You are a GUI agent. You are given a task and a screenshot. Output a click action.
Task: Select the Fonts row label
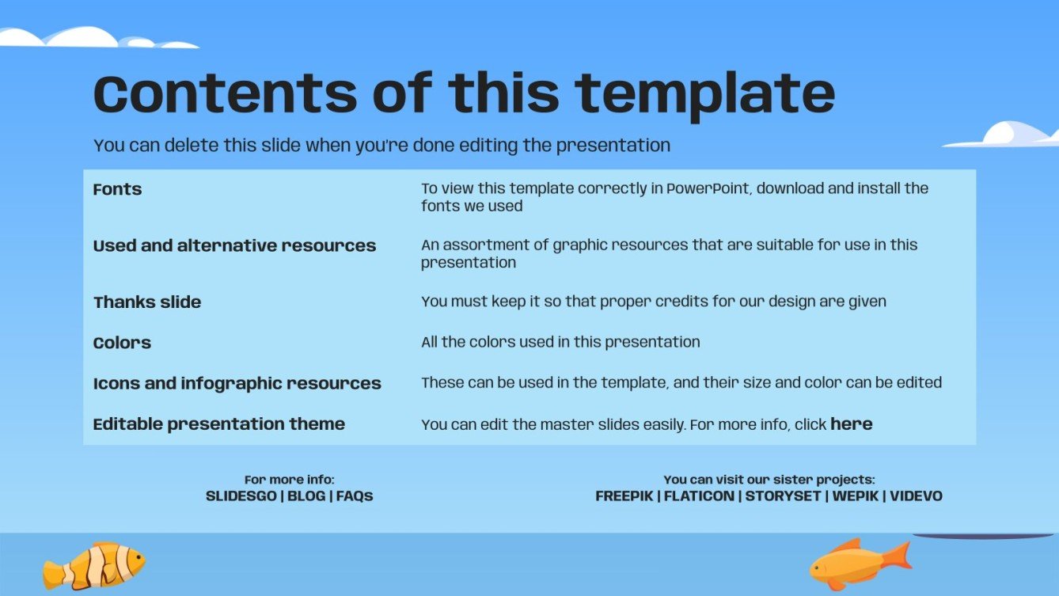pos(117,189)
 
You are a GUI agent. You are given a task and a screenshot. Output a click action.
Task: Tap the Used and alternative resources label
pos(234,245)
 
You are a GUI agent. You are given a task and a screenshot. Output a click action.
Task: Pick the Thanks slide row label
pos(147,302)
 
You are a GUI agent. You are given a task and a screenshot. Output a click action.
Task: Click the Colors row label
pos(122,343)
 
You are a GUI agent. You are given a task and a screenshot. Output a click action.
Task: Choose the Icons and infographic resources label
pos(237,383)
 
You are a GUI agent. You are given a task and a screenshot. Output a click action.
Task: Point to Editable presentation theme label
pos(218,423)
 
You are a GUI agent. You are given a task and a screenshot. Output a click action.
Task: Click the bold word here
pos(851,424)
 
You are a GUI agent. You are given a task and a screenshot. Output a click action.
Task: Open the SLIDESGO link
pos(241,496)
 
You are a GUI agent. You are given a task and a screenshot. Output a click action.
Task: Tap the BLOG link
pos(306,496)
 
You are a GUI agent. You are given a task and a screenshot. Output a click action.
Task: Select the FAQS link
pos(355,496)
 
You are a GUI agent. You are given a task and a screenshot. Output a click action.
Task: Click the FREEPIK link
pos(623,496)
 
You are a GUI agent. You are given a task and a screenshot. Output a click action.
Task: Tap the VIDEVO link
pos(917,496)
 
